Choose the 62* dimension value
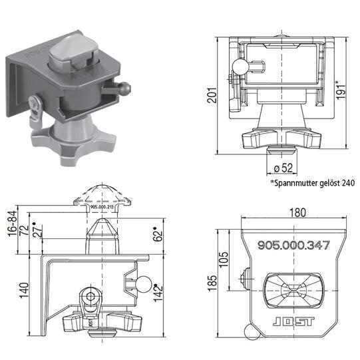click(x=158, y=234)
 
